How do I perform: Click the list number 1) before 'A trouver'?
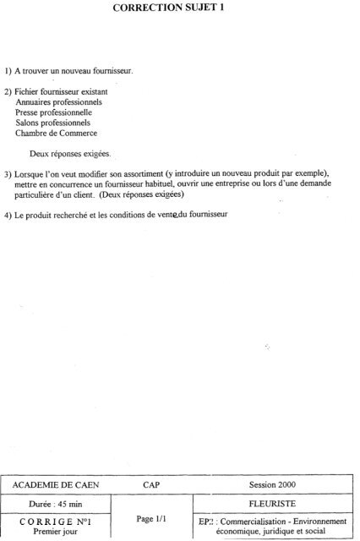pos(8,71)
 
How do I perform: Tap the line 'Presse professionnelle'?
pos(53,112)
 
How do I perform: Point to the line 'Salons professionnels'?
pos(53,123)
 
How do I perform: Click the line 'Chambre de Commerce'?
pos(56,133)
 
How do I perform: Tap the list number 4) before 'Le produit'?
pos(8,213)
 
